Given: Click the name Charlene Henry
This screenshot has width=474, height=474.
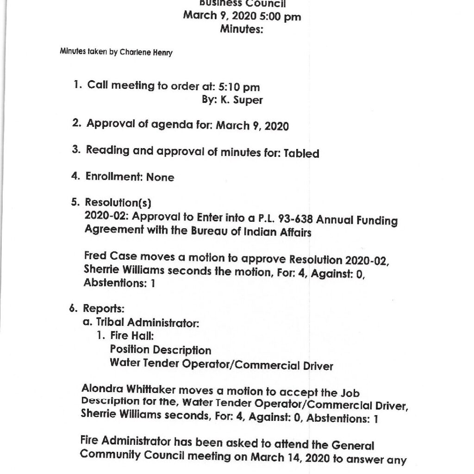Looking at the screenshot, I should click(x=146, y=52).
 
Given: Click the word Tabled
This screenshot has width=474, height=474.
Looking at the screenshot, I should click(x=301, y=153).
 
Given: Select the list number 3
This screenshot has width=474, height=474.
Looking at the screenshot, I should click(x=76, y=151).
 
